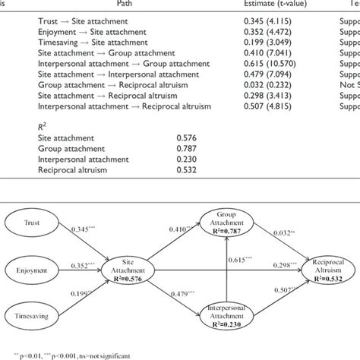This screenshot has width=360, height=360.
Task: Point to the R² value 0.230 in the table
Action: tap(185, 163)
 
